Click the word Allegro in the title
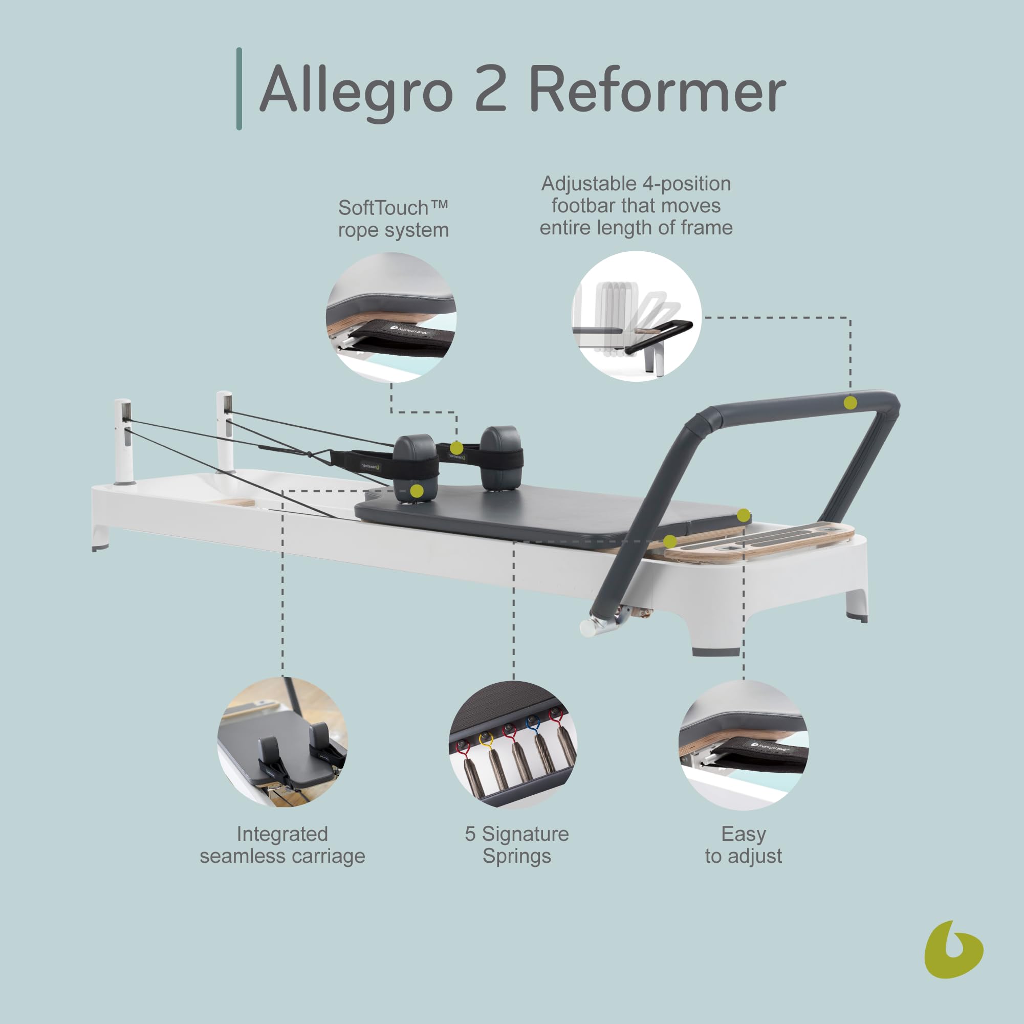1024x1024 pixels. point(356,89)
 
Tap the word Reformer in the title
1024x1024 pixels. point(657,89)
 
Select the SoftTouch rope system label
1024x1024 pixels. point(393,219)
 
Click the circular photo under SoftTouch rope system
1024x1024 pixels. point(391,317)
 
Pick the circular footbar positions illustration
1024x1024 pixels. point(636,316)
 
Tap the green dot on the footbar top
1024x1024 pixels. point(849,403)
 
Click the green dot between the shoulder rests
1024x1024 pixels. point(456,448)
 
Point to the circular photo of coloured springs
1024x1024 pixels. point(513,745)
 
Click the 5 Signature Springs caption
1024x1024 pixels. point(517,845)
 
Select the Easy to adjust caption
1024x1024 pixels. point(743,845)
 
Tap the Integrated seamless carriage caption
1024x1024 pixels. point(282,845)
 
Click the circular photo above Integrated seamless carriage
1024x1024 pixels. point(282,742)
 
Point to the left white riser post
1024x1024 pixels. point(122,440)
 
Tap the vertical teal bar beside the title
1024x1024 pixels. point(239,89)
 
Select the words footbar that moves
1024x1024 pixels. point(636,206)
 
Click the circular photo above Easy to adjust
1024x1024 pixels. point(743,745)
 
